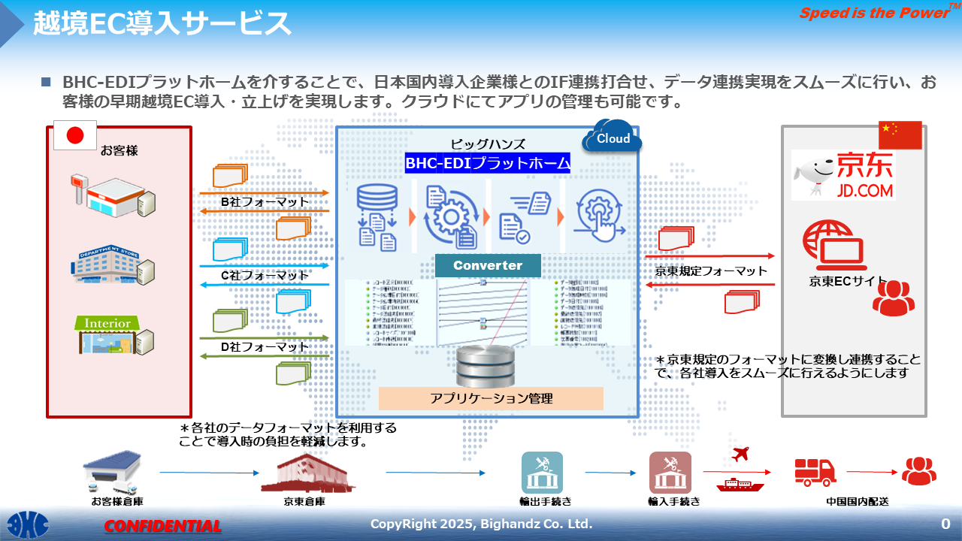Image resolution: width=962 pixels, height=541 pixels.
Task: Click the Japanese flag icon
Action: tap(75, 135)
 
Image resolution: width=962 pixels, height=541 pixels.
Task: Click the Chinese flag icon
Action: tap(900, 135)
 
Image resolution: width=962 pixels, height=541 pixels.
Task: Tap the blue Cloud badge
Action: tap(613, 138)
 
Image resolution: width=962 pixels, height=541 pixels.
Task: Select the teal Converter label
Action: tap(488, 265)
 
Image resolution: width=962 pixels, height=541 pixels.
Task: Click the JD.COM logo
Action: tap(843, 174)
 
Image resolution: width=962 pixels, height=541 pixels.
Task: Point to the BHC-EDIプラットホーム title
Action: tap(488, 163)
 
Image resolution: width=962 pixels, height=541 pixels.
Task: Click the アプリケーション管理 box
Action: tap(491, 398)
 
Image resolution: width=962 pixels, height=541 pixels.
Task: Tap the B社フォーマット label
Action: tap(265, 202)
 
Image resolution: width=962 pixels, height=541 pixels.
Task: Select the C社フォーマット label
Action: tap(265, 275)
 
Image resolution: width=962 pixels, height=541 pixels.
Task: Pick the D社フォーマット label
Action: tap(265, 346)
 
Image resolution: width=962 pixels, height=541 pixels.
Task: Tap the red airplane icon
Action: tap(740, 453)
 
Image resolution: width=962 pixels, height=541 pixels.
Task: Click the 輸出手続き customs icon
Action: tap(542, 473)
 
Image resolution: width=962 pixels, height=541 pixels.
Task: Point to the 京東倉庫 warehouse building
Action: tap(304, 473)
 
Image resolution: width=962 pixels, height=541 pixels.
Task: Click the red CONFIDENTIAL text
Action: tap(162, 526)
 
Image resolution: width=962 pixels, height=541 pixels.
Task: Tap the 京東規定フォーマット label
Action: tap(711, 270)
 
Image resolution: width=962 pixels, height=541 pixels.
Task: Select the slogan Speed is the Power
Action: tap(874, 13)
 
